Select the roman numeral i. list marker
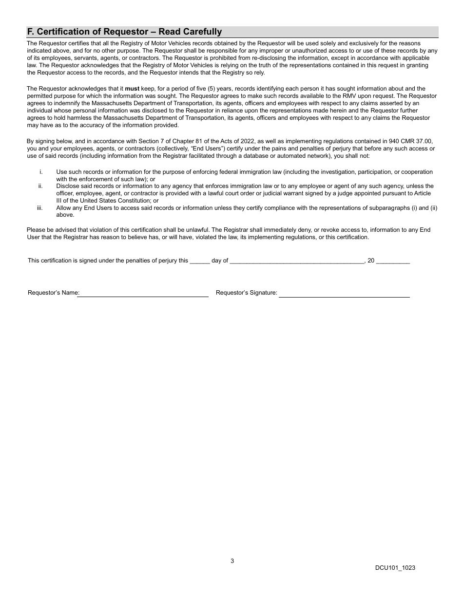[x=41, y=172]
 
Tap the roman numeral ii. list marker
[x=41, y=186]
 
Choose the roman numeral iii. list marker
[x=40, y=208]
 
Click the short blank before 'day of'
[x=200, y=261]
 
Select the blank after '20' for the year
[x=393, y=261]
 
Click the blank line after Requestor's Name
[x=143, y=294]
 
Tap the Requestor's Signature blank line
[x=344, y=294]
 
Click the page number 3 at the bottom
[x=232, y=561]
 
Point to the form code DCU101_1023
[x=395, y=568]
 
